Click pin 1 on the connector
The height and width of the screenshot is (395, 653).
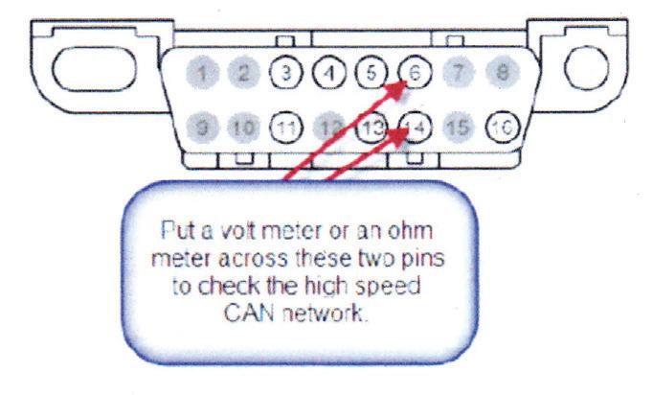click(x=200, y=70)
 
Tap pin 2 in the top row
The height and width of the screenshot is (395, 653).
click(x=243, y=70)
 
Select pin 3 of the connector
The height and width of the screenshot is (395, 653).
click(x=285, y=70)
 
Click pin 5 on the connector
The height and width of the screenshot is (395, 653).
click(x=371, y=70)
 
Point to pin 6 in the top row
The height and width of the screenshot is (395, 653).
click(x=414, y=70)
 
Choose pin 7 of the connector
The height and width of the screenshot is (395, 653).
click(x=456, y=70)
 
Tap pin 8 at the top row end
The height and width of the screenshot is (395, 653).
click(x=498, y=70)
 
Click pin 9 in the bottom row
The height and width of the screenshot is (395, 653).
click(x=200, y=125)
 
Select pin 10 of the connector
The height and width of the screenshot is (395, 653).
click(x=243, y=125)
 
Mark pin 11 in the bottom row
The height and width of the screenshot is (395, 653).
click(x=285, y=125)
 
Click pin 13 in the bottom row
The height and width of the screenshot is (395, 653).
click(x=371, y=125)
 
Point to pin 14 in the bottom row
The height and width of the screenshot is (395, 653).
click(x=414, y=125)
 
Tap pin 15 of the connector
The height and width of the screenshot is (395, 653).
click(x=456, y=125)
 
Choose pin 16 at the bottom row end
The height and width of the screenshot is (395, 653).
click(x=499, y=125)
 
